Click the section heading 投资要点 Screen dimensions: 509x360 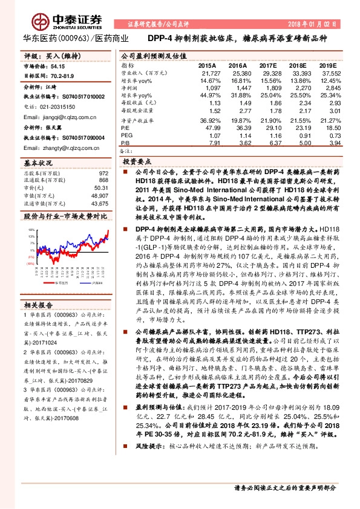137,163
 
